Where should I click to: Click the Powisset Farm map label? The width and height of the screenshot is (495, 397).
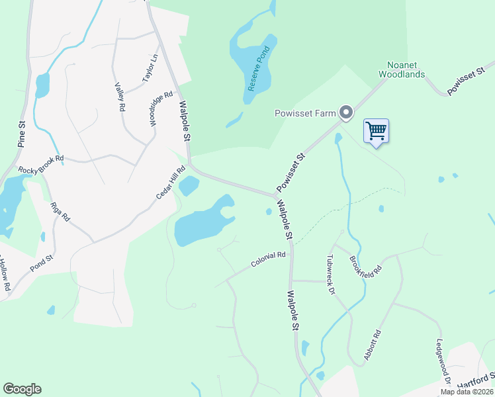(x=305, y=113)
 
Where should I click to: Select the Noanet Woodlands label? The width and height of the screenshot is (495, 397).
(x=401, y=70)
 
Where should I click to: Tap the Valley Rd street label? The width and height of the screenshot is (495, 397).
(x=120, y=96)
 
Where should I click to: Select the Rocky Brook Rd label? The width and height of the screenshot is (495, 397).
(x=41, y=163)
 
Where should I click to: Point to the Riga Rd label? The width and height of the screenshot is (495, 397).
(x=60, y=211)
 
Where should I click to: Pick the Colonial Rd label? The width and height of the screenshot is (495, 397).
(x=268, y=259)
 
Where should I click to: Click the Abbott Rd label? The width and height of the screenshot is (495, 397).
(x=373, y=346)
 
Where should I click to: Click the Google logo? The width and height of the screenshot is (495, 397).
(x=22, y=389)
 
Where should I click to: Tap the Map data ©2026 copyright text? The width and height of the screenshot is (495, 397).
(x=467, y=392)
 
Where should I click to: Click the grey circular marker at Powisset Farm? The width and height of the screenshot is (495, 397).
(x=345, y=113)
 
